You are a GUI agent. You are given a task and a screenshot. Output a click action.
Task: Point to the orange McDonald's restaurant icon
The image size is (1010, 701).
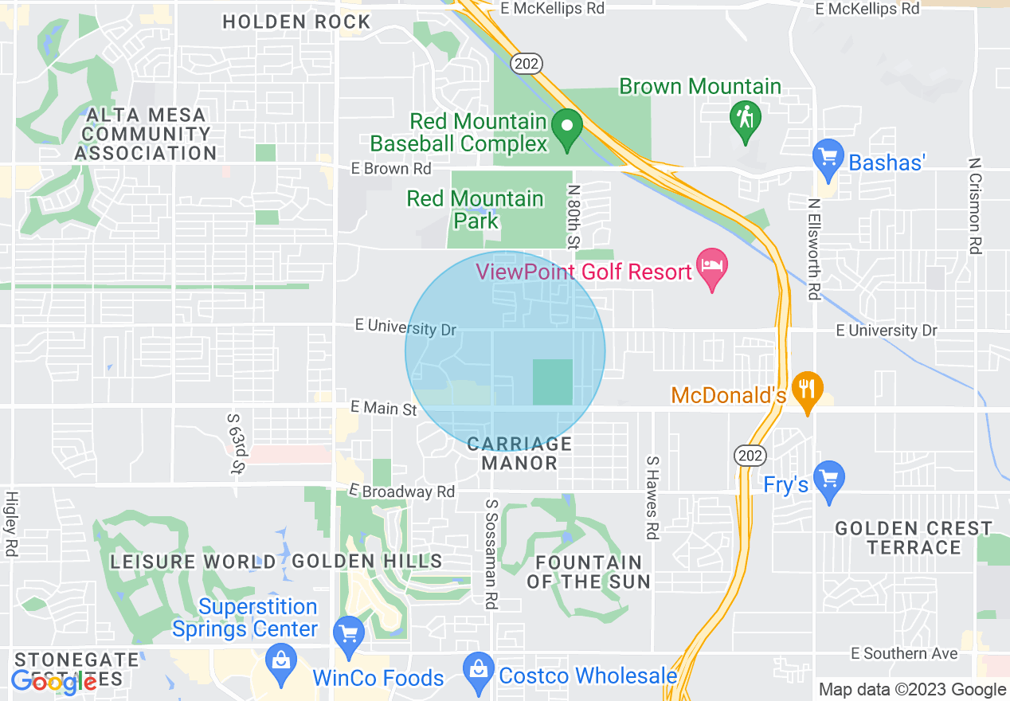click(808, 390)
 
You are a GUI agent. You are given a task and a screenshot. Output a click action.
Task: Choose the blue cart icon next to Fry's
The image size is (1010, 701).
click(829, 480)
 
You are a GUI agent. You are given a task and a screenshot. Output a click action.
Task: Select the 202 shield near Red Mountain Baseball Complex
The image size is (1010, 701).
click(527, 64)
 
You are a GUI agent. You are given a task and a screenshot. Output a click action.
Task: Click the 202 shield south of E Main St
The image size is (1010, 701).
click(750, 455)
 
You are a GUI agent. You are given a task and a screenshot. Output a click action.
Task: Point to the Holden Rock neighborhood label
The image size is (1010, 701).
click(296, 22)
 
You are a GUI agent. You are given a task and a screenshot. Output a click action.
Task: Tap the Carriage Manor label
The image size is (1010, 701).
click(519, 453)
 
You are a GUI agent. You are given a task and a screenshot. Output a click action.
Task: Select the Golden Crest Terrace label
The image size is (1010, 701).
click(914, 538)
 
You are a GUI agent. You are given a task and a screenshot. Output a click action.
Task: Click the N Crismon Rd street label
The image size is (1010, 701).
click(974, 205)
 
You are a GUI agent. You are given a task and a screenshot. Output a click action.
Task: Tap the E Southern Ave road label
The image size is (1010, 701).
click(904, 653)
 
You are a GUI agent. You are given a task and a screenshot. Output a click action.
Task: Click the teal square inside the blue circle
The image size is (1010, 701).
click(553, 382)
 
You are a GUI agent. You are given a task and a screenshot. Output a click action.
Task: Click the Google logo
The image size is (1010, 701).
click(54, 682)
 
